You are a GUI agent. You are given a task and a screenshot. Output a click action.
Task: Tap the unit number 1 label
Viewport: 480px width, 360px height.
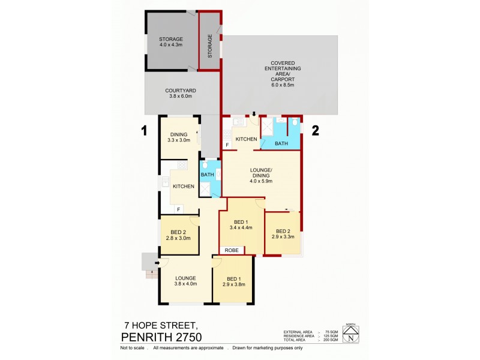[x=144, y=129]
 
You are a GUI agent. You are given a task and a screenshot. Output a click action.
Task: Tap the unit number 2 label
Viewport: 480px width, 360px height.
[x=314, y=129]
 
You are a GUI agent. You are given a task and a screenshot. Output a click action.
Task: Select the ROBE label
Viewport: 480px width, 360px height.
[x=232, y=250]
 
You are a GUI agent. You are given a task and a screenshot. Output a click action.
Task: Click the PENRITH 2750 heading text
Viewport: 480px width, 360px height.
[x=161, y=337]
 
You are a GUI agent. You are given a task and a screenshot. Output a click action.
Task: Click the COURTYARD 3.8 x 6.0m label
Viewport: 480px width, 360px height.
[x=181, y=94]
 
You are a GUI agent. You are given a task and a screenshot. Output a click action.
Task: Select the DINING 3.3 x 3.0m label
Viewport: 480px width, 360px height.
[x=179, y=137]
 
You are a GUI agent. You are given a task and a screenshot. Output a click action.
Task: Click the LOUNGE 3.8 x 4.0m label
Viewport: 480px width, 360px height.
[x=185, y=281]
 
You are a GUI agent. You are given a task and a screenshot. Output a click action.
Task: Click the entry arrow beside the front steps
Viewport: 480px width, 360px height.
[x=158, y=262]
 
